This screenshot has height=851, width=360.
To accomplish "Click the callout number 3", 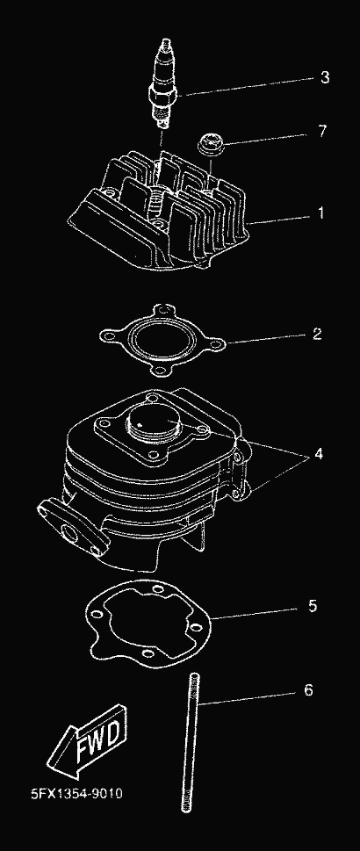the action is [324, 77].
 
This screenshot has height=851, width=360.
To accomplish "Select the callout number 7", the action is [322, 131].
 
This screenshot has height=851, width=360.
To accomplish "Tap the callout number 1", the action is [320, 213].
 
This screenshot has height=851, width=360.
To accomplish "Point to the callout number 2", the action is [317, 333].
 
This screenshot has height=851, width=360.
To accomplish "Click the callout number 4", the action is [318, 454].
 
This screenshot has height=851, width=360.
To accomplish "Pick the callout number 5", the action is [313, 606].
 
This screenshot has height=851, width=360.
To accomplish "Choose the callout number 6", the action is [308, 690].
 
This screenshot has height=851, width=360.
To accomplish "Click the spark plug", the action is [163, 83].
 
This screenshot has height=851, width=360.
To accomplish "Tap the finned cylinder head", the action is [159, 212].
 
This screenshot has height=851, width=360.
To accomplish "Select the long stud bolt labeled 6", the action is [191, 741].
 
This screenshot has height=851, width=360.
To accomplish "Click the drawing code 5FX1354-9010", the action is [76, 793].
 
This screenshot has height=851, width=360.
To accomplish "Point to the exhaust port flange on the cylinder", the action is [70, 526].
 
